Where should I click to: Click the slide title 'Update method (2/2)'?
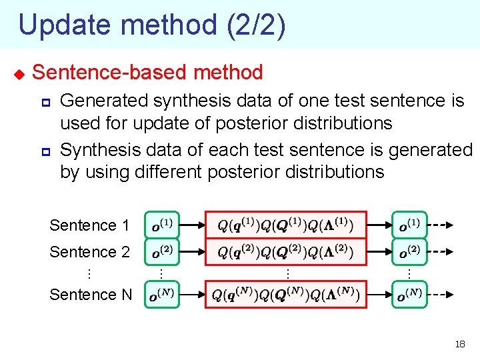152,25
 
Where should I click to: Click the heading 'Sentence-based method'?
147,72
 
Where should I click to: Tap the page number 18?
459,345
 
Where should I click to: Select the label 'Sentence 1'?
89,225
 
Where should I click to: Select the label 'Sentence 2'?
89,252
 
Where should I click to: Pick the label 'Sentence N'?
91,294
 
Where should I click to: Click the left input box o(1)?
161,225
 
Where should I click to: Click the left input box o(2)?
161,252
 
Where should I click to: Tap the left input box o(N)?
161,295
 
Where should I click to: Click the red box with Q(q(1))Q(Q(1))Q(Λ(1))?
285,225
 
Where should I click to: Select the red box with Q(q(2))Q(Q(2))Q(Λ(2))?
285,252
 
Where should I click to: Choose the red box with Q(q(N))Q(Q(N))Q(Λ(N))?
285,295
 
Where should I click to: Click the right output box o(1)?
409,225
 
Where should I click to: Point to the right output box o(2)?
409,252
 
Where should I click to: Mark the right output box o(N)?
409,295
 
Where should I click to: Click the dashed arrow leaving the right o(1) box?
440,225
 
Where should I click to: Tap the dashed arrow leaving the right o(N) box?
440,295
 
